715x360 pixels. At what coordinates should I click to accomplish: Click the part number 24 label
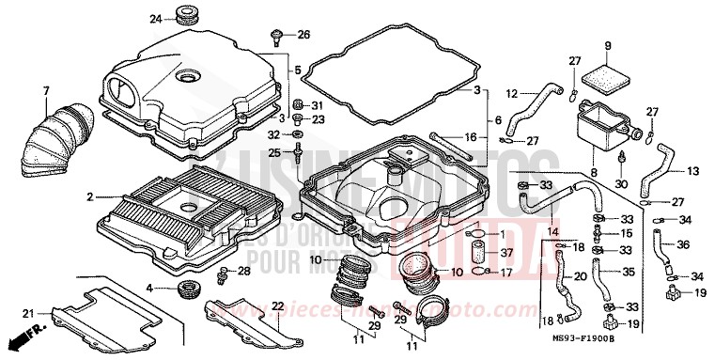tap(156, 18)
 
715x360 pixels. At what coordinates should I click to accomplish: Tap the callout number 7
tap(44, 90)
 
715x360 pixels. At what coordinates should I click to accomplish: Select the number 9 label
tap(607, 46)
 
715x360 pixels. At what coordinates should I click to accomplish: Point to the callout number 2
tap(90, 197)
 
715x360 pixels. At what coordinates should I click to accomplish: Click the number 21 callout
tap(28, 313)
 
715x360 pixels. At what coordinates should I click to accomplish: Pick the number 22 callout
tap(277, 306)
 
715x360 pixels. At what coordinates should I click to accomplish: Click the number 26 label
tap(303, 36)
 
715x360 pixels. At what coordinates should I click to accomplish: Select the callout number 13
tap(692, 172)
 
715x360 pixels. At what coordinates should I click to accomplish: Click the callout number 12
tap(512, 92)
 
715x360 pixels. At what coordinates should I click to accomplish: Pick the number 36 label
tap(684, 245)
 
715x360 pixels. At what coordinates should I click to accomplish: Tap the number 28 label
tap(243, 272)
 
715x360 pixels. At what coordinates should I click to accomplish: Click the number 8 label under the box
tap(593, 173)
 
